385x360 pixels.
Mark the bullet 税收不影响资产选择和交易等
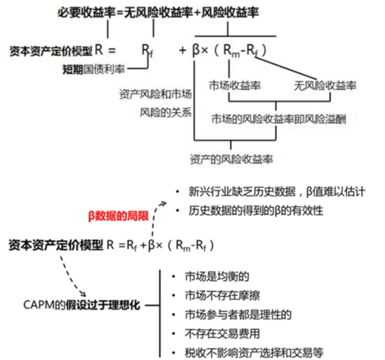250,352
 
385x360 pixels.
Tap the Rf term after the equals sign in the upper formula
147,52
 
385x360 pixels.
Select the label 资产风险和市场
155,94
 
